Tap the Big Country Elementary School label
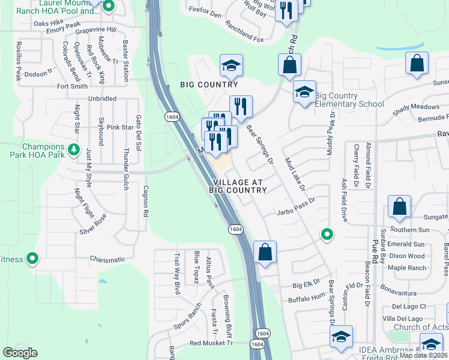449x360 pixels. [x=349, y=100]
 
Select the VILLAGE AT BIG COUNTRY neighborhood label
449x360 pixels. [x=237, y=185]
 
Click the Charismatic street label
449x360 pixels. [x=107, y=260]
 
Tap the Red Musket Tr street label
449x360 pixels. [x=211, y=343]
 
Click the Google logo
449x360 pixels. [x=20, y=353]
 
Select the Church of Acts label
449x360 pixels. [x=420, y=327]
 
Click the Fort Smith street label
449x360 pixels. [x=72, y=86]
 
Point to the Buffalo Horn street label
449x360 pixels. [x=306, y=299]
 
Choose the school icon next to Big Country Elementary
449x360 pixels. [x=304, y=92]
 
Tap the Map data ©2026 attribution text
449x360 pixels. [x=423, y=355]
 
